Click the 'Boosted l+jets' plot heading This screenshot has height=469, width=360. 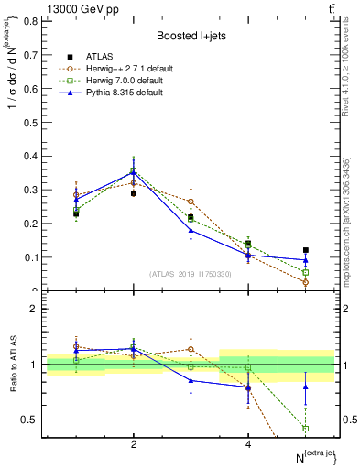(x=190, y=35)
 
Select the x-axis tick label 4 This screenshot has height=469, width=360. (x=248, y=444)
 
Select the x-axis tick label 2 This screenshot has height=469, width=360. (x=134, y=444)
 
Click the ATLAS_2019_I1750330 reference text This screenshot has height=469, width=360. (x=190, y=274)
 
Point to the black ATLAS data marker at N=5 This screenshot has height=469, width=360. (x=306, y=250)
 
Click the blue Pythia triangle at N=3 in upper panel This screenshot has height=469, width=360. (x=191, y=230)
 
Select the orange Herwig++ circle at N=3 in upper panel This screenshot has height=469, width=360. (x=191, y=202)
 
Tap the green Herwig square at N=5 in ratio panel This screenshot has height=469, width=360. (x=306, y=428)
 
